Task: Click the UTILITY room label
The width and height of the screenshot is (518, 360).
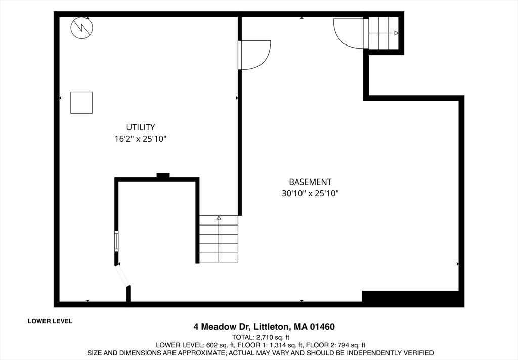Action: (141, 127)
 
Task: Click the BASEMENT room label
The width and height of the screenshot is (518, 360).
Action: (310, 182)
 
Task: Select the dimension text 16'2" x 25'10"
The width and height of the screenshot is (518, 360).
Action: (141, 139)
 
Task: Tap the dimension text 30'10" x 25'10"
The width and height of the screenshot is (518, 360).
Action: (310, 193)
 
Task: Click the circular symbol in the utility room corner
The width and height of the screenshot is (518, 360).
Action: (81, 28)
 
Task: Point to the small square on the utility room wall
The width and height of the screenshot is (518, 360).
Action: (81, 103)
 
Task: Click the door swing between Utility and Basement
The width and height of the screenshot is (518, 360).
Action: (254, 55)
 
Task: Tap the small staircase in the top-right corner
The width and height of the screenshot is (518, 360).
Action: (383, 33)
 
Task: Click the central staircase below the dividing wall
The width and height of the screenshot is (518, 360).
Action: (219, 239)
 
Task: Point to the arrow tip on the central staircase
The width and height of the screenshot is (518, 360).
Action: (219, 217)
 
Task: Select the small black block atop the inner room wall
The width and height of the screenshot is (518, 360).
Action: (163, 176)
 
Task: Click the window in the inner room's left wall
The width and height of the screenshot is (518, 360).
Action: (116, 241)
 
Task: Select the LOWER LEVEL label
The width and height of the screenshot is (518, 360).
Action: (50, 321)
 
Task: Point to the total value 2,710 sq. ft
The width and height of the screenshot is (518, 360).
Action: (273, 337)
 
